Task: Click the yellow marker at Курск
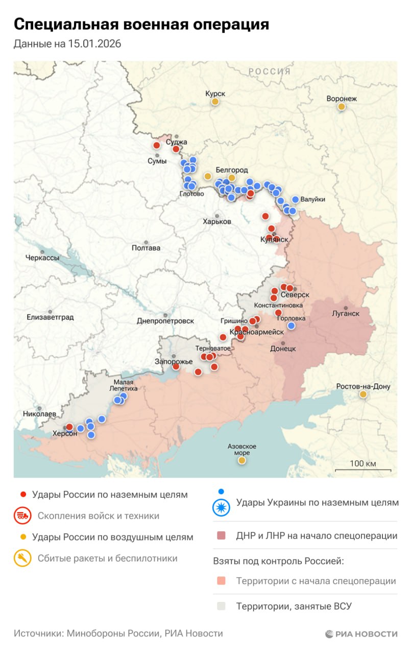point(215,102)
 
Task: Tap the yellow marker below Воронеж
point(341,107)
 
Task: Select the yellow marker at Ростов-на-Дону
point(363,394)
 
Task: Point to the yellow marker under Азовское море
point(241,460)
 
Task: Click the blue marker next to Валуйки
point(295,200)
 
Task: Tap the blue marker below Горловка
point(291,325)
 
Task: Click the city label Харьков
point(217,222)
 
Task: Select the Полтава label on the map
point(146,248)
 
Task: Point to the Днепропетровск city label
point(165,321)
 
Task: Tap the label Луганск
point(346,313)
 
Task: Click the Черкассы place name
point(42,258)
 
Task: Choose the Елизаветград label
point(50,317)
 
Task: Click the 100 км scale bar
point(363,470)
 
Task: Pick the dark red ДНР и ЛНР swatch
point(221,536)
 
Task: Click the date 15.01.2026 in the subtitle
point(94,44)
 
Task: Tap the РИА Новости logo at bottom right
point(361,634)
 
